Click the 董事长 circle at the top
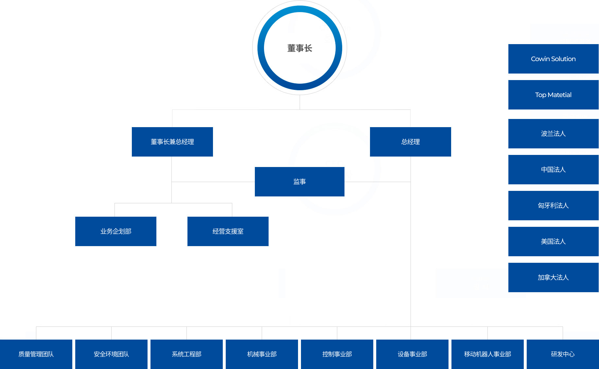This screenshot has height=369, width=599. click(300, 48)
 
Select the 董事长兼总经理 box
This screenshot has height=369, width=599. click(172, 142)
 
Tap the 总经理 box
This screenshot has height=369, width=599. click(411, 142)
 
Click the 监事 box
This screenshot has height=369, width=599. click(300, 182)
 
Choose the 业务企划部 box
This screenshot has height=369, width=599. click(116, 231)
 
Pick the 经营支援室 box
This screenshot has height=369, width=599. click(228, 231)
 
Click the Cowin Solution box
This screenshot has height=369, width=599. click(554, 59)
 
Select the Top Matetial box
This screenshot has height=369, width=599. click(554, 95)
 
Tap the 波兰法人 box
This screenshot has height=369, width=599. click(554, 134)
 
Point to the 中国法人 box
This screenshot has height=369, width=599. click(554, 170)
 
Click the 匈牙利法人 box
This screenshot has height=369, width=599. click(554, 206)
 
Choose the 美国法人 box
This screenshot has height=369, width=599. click(554, 242)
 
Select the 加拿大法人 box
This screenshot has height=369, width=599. click(554, 277)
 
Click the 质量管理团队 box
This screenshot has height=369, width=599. click(36, 354)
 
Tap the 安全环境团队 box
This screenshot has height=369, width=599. click(111, 354)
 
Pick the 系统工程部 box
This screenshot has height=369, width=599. click(186, 354)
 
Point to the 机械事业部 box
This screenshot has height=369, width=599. click(262, 354)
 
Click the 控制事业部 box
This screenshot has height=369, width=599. click(337, 354)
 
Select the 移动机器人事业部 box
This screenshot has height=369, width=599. click(487, 354)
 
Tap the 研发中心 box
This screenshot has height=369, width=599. click(563, 354)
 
